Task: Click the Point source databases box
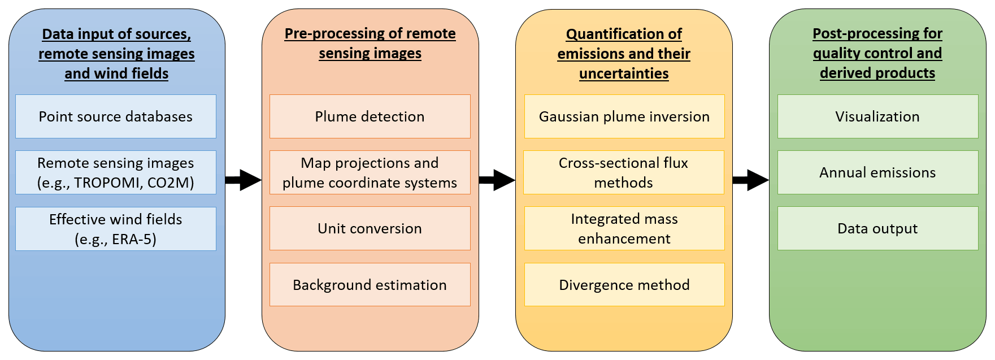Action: coord(116,116)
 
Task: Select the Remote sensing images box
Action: coord(116,172)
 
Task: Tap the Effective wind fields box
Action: coord(116,229)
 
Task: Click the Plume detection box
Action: coord(370,116)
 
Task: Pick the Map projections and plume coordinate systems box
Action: coord(370,172)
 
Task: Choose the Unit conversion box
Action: coord(370,228)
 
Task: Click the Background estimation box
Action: coord(370,285)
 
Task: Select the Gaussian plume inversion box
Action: coord(624,116)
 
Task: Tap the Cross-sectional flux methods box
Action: coord(624,172)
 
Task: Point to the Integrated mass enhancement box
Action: coord(624,228)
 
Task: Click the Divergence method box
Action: coord(624,285)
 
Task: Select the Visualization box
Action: coord(877,116)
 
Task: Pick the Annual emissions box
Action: coord(877,172)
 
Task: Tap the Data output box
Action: coord(877,228)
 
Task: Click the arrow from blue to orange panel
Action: coord(244,180)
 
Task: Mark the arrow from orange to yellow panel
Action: coord(497,180)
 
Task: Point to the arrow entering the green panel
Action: coord(751,180)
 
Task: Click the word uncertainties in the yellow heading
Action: coord(624,73)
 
